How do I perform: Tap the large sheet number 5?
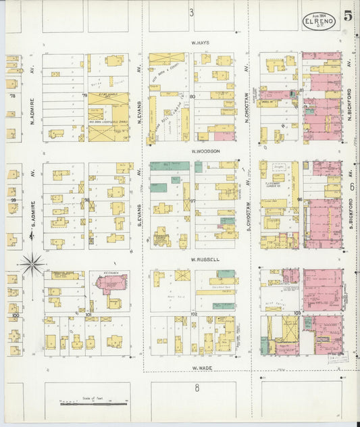pyautogui.click(x=347, y=16)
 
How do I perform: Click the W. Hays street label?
pyautogui.click(x=200, y=43)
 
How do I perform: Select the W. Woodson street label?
pyautogui.click(x=205, y=151)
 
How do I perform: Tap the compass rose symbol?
pyautogui.click(x=32, y=263)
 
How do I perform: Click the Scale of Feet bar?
pyautogui.click(x=95, y=403)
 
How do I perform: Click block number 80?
pyautogui.click(x=192, y=97)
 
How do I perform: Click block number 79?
pyautogui.click(x=84, y=97)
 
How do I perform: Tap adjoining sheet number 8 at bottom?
pyautogui.click(x=197, y=388)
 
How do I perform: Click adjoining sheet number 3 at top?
pyautogui.click(x=191, y=12)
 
